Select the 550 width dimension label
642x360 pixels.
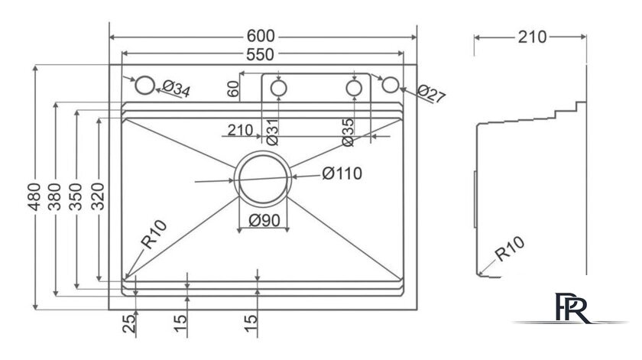tap(262, 54)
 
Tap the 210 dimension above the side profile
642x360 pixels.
tap(531, 37)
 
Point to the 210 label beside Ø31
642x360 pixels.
tap(240, 131)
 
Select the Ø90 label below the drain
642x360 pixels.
tap(264, 222)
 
